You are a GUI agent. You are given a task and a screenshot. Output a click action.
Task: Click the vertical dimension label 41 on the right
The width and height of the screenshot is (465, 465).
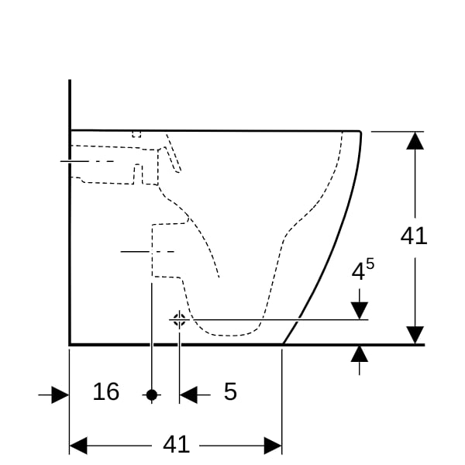(x=414, y=236)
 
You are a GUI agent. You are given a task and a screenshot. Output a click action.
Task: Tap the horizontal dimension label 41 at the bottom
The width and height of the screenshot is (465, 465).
(x=176, y=444)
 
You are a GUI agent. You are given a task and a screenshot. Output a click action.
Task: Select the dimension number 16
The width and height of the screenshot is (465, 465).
(x=106, y=391)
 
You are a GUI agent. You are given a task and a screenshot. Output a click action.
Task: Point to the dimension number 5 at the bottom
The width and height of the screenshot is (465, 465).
(x=230, y=391)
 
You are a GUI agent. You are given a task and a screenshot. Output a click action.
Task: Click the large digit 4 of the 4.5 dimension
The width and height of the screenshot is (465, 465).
(x=358, y=272)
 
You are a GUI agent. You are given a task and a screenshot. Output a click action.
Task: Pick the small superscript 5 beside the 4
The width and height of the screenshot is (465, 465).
(x=370, y=263)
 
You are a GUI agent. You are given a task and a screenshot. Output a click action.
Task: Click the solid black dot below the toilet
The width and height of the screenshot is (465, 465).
(x=152, y=394)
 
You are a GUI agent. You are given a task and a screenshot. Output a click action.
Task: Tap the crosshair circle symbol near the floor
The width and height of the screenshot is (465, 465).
(x=179, y=319)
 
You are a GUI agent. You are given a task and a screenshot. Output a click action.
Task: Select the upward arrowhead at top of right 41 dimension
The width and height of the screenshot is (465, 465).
(x=415, y=140)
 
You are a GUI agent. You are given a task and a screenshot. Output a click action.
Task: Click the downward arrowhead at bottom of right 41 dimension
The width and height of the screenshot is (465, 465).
(x=415, y=335)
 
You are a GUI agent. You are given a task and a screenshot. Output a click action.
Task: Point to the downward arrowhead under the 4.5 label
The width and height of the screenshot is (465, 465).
(x=360, y=311)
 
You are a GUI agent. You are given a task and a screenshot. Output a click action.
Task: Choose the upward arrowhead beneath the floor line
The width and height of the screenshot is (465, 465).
(x=360, y=354)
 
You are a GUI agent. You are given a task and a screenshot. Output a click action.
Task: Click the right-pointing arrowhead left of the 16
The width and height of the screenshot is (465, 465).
(x=60, y=394)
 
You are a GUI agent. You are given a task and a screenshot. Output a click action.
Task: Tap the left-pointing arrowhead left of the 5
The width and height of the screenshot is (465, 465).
(x=188, y=394)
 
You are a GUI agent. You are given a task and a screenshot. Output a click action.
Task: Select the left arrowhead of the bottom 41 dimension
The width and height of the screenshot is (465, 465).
(x=78, y=446)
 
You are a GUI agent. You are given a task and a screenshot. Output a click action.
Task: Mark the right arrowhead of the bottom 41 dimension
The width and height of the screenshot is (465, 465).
(x=273, y=446)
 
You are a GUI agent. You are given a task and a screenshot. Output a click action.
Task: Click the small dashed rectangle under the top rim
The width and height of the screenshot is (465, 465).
(x=136, y=134)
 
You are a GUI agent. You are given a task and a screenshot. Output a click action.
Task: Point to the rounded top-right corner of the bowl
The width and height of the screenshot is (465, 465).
(x=360, y=132)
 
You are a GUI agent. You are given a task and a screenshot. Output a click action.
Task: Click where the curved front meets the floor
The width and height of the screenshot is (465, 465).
(x=283, y=344)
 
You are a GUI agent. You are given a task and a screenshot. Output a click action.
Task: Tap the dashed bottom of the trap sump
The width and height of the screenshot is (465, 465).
(x=229, y=336)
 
